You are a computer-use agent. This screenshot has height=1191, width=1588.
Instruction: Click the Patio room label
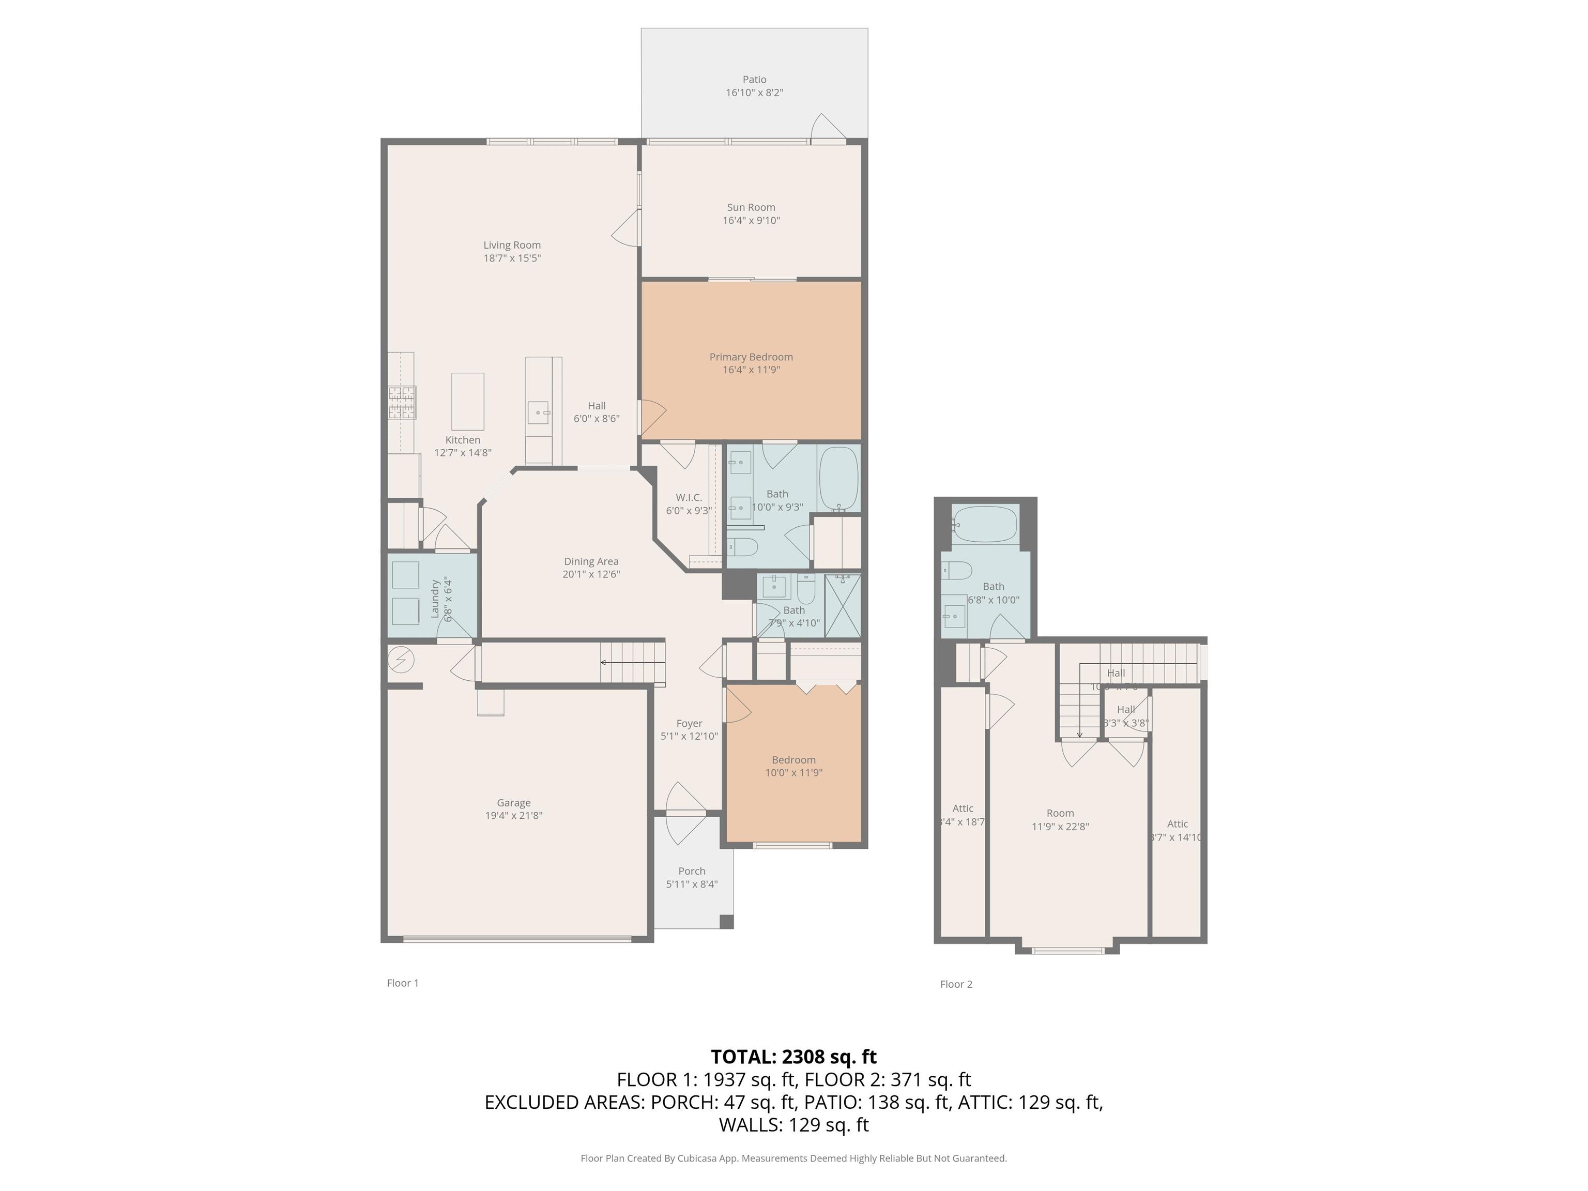point(754,80)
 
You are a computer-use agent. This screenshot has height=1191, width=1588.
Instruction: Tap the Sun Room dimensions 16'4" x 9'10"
point(751,220)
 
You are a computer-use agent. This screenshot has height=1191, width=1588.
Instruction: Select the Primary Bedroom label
point(751,357)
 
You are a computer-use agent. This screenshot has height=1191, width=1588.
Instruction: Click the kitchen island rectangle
point(467,401)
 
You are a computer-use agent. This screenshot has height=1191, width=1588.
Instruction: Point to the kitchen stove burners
point(402,403)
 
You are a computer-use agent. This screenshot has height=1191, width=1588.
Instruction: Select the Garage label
point(513,803)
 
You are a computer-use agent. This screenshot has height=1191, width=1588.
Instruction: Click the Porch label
point(691,871)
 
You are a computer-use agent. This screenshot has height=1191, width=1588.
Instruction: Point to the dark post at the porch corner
point(726,921)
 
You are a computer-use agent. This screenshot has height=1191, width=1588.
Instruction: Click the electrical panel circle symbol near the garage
point(401,659)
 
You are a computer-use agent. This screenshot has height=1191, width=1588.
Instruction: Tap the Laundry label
point(434,599)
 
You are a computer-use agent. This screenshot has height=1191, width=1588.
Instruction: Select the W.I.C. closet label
point(689,497)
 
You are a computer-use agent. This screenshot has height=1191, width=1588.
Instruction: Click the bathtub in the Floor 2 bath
point(984,524)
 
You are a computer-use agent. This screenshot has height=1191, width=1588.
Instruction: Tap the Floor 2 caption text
point(955,984)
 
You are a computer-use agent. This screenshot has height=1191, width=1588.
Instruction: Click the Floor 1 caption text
point(402,983)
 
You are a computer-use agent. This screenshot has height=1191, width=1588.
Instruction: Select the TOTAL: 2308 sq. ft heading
point(793,1057)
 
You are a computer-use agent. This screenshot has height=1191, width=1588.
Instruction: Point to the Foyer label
point(689,723)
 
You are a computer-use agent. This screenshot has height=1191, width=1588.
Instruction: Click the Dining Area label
point(591,561)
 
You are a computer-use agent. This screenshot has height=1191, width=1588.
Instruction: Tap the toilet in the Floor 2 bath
point(956,571)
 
